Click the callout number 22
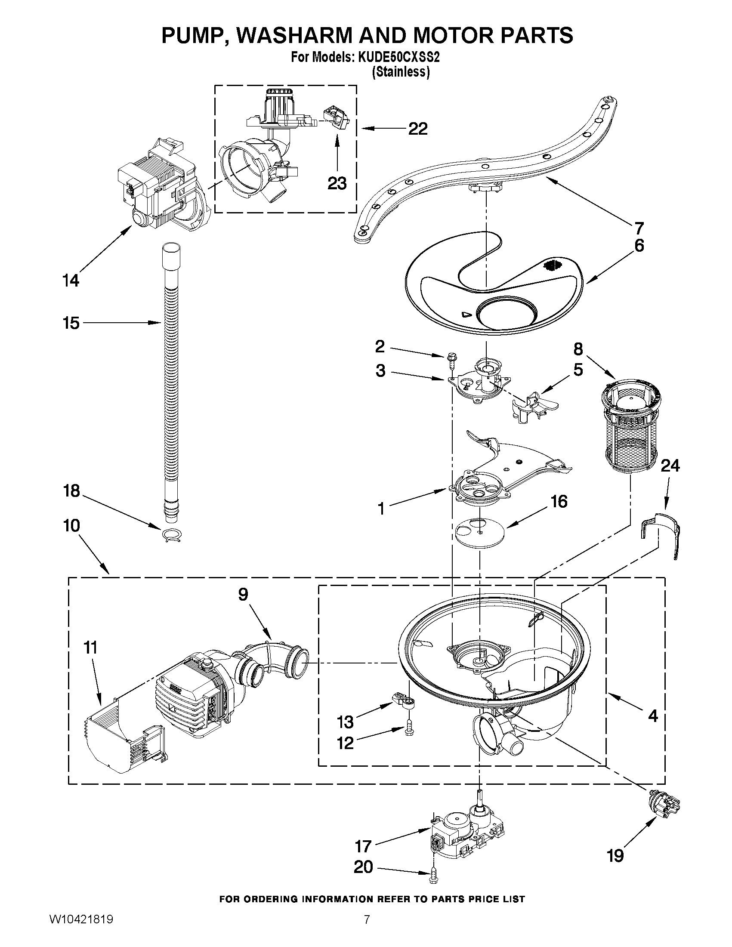point(417,129)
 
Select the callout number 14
point(71,281)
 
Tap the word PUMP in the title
point(193,35)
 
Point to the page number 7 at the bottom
point(367,928)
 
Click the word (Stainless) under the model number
point(401,72)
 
